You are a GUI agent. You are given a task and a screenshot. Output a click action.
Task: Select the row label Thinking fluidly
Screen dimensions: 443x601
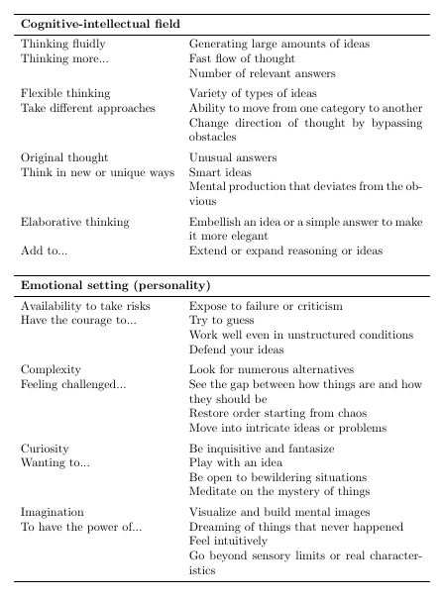pyautogui.click(x=63, y=45)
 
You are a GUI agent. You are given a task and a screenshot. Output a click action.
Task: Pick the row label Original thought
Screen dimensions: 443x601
pyautogui.click(x=64, y=157)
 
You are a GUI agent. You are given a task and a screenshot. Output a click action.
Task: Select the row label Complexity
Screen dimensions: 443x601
pyautogui.click(x=51, y=369)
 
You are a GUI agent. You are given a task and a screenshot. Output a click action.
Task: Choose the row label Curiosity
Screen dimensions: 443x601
pyautogui.click(x=45, y=449)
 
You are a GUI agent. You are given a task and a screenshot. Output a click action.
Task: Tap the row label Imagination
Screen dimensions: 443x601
pyautogui.click(x=53, y=512)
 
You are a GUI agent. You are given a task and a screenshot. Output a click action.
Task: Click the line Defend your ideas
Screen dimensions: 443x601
pyautogui.click(x=236, y=350)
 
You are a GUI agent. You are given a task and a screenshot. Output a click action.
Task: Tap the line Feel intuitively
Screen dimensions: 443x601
pyautogui.click(x=229, y=542)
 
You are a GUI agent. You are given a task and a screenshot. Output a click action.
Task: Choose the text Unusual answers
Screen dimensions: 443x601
pyautogui.click(x=233, y=157)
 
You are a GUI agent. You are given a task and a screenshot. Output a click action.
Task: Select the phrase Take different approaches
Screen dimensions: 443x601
pyautogui.click(x=88, y=108)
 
